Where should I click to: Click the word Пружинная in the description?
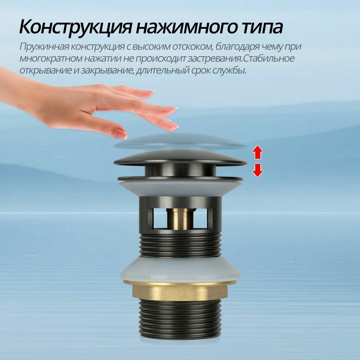(x=44, y=47)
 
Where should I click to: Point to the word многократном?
(x=50, y=58)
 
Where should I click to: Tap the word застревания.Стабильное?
(x=241, y=58)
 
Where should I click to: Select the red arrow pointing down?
(x=257, y=170)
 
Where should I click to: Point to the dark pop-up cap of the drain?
(x=180, y=158)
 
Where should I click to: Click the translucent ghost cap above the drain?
(x=180, y=141)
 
